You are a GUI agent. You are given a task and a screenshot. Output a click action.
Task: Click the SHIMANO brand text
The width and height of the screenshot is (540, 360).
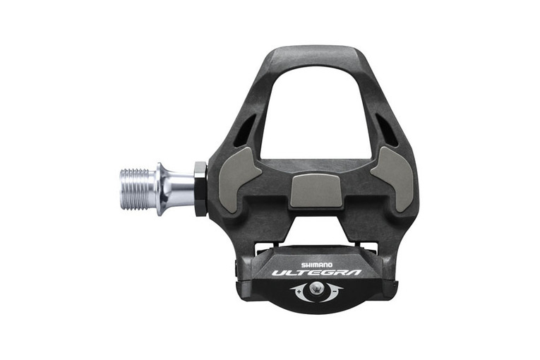(317, 265)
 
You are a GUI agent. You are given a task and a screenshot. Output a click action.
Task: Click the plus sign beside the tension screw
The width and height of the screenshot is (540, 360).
(299, 292)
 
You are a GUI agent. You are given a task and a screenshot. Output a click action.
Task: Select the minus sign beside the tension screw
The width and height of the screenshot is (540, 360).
(335, 292)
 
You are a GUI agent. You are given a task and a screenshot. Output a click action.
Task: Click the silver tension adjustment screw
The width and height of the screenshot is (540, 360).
(317, 288)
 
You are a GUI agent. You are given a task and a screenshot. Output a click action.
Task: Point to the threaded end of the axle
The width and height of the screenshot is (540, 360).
(135, 189)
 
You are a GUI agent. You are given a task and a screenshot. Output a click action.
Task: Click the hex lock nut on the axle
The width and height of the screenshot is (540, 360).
(200, 189)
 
